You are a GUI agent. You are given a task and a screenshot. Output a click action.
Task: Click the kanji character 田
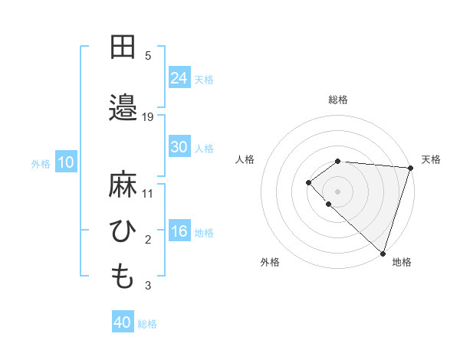123,47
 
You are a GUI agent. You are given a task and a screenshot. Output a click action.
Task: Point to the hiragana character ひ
123,231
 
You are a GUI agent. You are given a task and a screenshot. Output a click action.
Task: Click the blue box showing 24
179,78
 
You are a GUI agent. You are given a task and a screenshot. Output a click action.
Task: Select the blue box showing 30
179,147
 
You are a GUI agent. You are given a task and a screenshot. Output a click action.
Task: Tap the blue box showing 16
179,231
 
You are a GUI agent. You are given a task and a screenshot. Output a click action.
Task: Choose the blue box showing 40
123,322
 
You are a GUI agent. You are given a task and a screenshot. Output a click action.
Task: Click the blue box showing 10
65,162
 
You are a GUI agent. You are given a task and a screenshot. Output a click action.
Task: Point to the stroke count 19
148,116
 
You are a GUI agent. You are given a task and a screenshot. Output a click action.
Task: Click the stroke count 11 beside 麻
148,193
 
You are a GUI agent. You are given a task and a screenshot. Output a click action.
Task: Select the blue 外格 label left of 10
41,163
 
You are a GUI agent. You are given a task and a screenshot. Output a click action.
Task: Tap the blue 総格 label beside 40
147,323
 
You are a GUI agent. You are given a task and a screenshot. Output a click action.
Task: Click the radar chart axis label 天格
431,159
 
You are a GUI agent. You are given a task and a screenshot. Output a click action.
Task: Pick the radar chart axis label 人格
245,159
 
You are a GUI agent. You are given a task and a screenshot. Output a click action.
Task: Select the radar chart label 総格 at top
338,100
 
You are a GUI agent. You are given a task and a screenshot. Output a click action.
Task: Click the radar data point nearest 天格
410,167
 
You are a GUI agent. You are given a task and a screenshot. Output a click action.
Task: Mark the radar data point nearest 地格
383,253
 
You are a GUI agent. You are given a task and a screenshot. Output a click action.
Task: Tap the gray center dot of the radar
337,190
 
